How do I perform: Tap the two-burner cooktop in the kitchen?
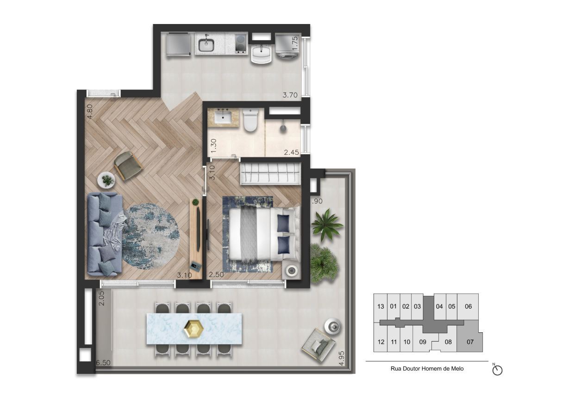point(241,45)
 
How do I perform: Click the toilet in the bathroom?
point(250,120)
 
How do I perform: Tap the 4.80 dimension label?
point(90,111)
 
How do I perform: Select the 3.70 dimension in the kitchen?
point(290,96)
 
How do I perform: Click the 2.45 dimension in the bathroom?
point(291,152)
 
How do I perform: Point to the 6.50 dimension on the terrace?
point(103,363)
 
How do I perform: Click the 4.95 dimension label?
point(342,359)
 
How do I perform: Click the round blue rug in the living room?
point(150,236)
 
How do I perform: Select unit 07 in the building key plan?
point(470,342)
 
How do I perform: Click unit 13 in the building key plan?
point(381,306)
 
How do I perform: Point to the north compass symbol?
point(498,370)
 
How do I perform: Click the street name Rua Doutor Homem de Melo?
point(427,369)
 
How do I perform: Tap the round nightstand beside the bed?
point(292,270)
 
